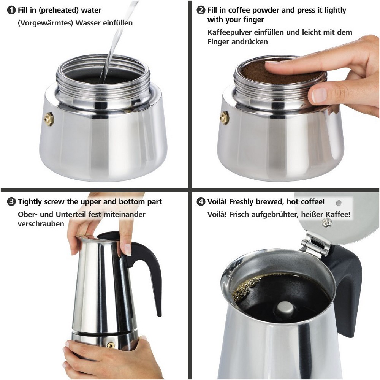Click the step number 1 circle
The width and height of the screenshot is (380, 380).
click(x=11, y=10)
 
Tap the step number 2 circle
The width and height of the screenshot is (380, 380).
click(x=201, y=10)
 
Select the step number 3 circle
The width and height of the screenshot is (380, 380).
click(x=11, y=202)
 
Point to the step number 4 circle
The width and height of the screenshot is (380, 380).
click(x=201, y=202)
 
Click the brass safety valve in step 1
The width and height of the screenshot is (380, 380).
click(x=49, y=119)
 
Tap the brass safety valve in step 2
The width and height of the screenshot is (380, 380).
click(x=225, y=118)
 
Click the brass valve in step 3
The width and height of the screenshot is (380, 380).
click(x=111, y=345)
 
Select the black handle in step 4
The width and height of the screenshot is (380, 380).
click(x=347, y=291)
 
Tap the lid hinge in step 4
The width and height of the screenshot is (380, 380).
click(x=315, y=244)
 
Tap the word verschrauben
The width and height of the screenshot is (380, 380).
click(x=41, y=224)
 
